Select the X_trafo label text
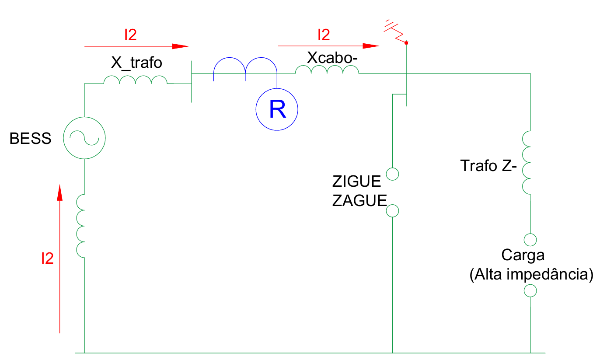(x=136, y=63)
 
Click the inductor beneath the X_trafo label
(x=135, y=80)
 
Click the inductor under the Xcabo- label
(x=327, y=70)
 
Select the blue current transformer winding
(x=245, y=69)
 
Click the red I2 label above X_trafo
(x=130, y=35)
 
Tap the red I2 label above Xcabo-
(x=323, y=35)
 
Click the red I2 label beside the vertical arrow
(x=47, y=259)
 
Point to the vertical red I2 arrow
(x=60, y=258)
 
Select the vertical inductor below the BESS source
(x=82, y=225)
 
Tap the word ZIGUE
(x=356, y=181)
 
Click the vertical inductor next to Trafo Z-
(x=527, y=162)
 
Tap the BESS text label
(x=31, y=139)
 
